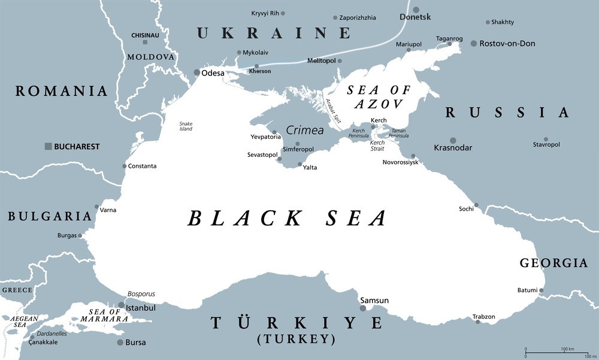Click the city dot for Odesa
(x=196, y=72)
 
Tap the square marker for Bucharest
(x=48, y=146)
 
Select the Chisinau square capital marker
(x=144, y=42)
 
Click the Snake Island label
(x=186, y=126)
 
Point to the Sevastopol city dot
(x=279, y=159)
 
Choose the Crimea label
(x=304, y=130)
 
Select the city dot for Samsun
(x=362, y=308)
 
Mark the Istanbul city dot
(x=121, y=305)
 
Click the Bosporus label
(x=141, y=294)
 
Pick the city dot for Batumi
(x=541, y=291)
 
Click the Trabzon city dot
(x=477, y=322)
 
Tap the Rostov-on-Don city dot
(x=473, y=44)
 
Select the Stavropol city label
(x=546, y=145)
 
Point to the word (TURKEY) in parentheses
(x=295, y=339)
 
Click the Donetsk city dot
(x=416, y=10)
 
